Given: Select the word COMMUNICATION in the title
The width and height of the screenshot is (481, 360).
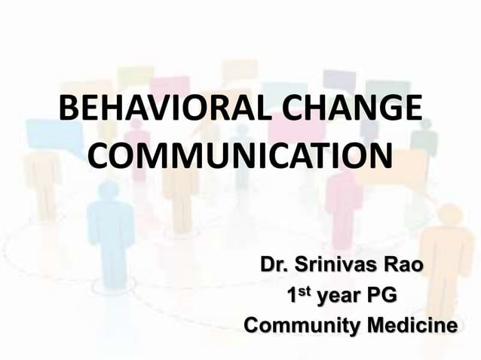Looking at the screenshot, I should (240, 157).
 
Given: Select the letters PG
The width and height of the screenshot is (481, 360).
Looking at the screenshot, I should (381, 297).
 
